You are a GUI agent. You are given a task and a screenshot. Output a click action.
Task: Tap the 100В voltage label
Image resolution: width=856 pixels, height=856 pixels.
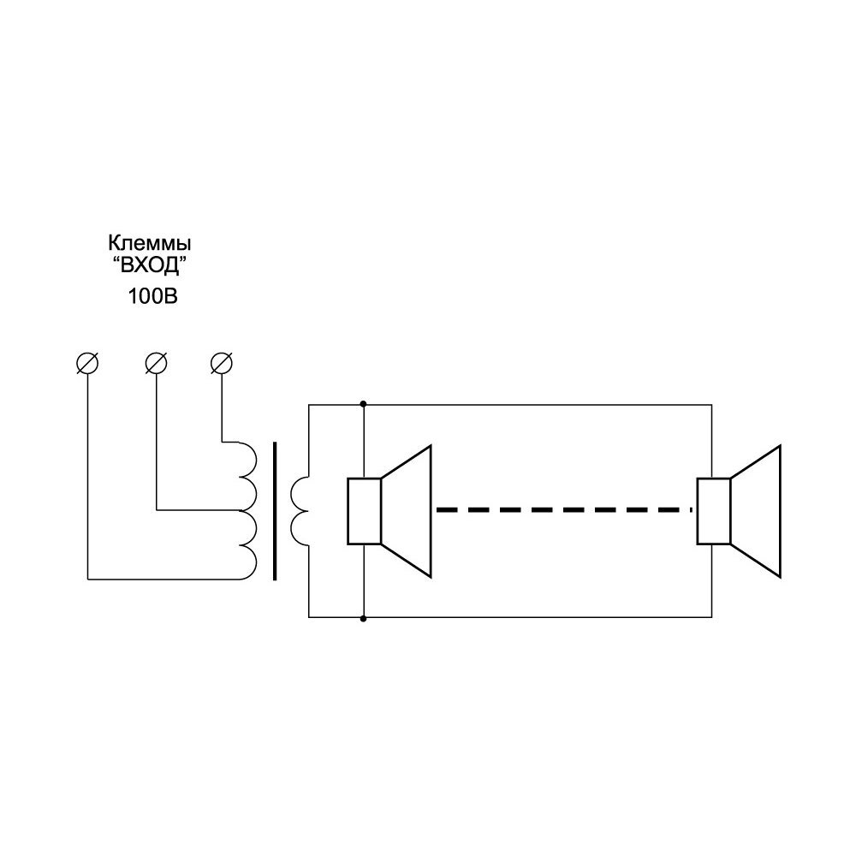(x=151, y=298)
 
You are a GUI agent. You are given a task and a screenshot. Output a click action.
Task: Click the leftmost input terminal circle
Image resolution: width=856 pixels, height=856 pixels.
(x=87, y=363)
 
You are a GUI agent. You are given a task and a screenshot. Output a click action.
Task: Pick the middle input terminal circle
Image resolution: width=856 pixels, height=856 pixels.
(x=155, y=363)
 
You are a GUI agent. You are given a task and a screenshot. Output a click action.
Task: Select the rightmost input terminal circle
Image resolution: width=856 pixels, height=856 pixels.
(x=222, y=363)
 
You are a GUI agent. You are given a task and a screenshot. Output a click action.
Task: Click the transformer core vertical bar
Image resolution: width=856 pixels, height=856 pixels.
(x=275, y=511)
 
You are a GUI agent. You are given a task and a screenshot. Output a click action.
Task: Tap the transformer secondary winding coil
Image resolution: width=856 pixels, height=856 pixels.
(x=300, y=510)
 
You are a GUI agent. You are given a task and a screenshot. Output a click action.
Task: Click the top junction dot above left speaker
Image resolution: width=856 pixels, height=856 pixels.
(x=364, y=403)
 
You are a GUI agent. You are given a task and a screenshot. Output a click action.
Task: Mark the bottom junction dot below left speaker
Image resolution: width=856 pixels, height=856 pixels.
(x=364, y=617)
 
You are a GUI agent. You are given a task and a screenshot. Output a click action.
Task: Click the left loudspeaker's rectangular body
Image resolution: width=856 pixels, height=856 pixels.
(x=364, y=511)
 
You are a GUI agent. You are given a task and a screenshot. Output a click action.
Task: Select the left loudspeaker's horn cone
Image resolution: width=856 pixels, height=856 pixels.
(x=407, y=511)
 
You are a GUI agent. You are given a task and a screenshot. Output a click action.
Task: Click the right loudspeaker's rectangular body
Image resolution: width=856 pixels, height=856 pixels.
(x=713, y=511)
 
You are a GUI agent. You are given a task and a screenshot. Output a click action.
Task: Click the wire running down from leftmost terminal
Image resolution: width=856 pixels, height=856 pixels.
(x=87, y=471)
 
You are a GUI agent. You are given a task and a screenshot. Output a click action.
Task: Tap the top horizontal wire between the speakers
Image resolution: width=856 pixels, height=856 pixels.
(x=539, y=403)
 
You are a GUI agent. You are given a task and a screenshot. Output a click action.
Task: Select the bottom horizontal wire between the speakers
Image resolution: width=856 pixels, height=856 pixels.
(x=539, y=617)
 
